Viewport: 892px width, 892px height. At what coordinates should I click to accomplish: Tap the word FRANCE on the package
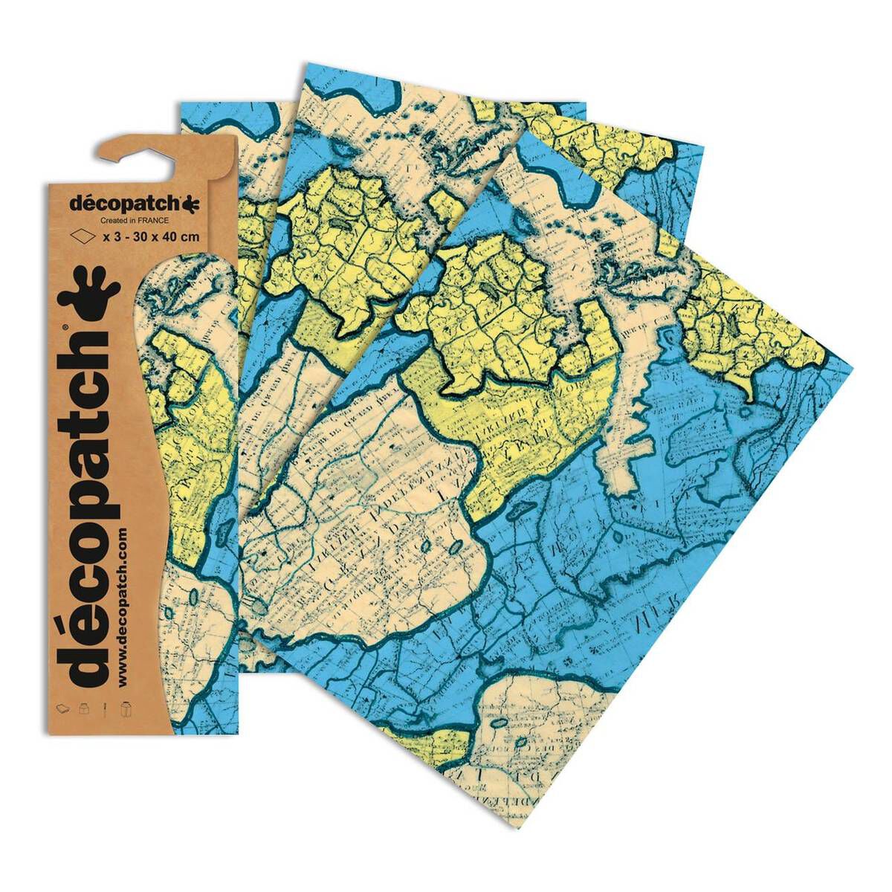pos(152,221)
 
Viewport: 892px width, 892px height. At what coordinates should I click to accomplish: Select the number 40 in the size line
pos(172,237)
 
